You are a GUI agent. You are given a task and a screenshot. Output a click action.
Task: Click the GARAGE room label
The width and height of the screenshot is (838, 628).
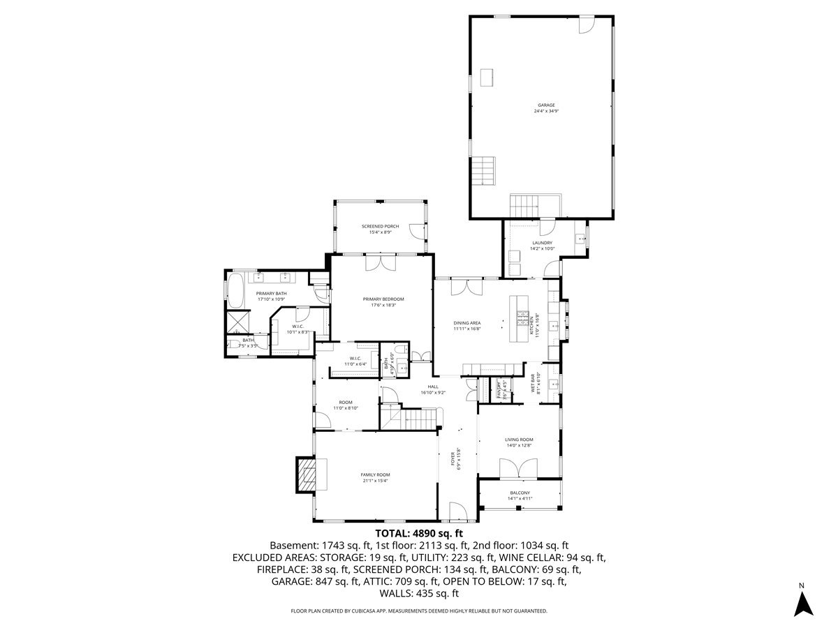pos(546,105)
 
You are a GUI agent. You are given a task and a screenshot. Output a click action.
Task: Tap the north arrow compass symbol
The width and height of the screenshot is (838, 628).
pos(804,603)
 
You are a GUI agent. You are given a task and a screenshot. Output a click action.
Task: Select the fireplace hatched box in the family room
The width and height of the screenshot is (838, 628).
pos(306,475)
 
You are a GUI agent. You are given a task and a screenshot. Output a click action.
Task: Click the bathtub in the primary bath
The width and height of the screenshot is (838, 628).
pos(235,291)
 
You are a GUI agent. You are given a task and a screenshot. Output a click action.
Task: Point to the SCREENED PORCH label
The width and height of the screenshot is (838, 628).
pos(380,227)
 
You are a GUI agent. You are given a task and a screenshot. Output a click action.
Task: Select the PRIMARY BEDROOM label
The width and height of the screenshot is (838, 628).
pos(383,299)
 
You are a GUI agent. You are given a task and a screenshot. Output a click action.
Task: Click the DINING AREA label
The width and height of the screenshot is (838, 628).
pos(467,323)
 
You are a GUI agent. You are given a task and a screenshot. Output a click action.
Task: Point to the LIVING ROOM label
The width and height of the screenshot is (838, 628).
pos(519,440)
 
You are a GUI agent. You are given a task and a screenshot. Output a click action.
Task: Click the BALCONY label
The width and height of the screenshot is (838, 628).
pos(520,493)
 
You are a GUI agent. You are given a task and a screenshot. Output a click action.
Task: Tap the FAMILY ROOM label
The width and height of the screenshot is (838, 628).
pos(375,474)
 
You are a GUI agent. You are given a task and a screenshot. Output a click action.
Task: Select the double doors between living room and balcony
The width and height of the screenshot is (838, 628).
pos(518,468)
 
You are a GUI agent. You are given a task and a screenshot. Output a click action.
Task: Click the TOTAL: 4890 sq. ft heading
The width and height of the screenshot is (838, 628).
pos(419,533)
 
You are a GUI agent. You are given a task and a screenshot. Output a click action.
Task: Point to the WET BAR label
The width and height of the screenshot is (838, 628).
pos(534,383)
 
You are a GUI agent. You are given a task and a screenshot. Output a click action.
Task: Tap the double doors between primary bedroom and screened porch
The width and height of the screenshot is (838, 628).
pos(381,263)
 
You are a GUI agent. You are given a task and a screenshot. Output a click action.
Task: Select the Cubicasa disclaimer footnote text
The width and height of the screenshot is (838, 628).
pos(419,611)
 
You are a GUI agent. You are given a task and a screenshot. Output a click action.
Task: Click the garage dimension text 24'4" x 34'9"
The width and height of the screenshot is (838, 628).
pos(546,112)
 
